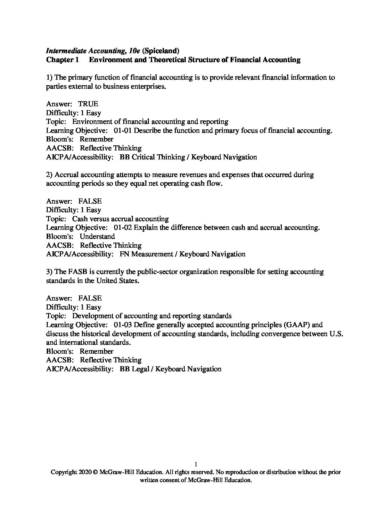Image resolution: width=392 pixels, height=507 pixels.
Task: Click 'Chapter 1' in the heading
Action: (x=62, y=60)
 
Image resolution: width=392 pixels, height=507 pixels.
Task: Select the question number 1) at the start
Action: (x=49, y=77)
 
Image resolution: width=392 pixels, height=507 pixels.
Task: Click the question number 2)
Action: (x=49, y=174)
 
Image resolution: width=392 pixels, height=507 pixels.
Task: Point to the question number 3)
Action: (x=49, y=271)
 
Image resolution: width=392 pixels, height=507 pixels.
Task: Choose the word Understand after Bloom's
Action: (x=97, y=236)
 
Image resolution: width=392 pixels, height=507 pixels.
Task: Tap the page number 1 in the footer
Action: (x=196, y=464)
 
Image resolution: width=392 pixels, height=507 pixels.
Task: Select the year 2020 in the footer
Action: (x=85, y=472)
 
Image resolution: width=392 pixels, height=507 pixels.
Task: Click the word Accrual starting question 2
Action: (x=67, y=174)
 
